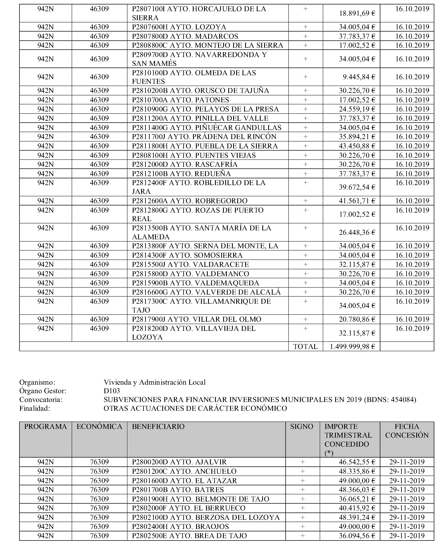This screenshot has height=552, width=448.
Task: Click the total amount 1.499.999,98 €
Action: pos(352,346)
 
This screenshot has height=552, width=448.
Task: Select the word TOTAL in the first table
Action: pos(305,346)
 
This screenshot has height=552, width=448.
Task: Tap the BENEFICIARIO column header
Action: pos(158,426)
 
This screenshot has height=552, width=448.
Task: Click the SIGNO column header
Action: pos(301,426)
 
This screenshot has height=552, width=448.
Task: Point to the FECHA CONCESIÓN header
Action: pos(407,431)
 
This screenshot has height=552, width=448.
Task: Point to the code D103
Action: pos(112,391)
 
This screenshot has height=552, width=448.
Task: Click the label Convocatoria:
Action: pos(41,400)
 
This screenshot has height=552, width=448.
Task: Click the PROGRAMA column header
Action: pos(45,426)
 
